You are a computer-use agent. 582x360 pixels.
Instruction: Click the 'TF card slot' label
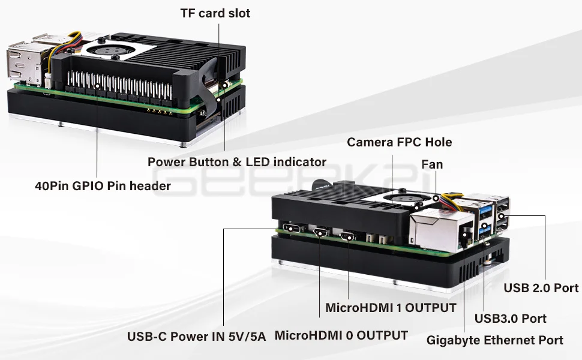click(215, 13)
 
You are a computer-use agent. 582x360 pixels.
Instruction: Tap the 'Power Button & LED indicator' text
click(237, 161)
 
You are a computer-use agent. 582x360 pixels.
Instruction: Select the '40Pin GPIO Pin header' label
click(103, 186)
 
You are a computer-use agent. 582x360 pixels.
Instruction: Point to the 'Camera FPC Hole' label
click(399, 142)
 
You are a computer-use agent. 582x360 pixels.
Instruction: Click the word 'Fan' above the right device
click(432, 164)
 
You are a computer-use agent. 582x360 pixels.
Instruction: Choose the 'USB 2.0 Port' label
click(541, 288)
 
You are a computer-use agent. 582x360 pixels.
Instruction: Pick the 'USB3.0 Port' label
click(510, 318)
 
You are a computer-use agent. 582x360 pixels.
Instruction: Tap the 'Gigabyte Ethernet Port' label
click(494, 340)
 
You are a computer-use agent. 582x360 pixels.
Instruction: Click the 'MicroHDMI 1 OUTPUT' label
click(391, 308)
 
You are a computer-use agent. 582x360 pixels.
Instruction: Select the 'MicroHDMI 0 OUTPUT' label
click(341, 335)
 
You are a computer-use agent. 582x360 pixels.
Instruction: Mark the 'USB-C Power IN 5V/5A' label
click(196, 336)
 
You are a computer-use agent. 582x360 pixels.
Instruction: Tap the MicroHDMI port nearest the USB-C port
click(320, 233)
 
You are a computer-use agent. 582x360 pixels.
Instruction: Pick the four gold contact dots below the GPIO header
click(157, 109)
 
